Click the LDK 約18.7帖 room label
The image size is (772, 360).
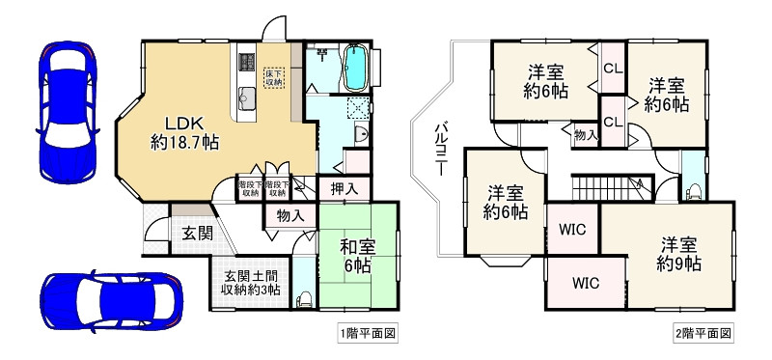(184, 132)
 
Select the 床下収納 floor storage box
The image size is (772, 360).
(275, 75)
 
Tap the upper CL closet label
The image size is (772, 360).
(613, 69)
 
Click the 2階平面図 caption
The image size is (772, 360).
(702, 333)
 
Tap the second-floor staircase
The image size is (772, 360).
(598, 185)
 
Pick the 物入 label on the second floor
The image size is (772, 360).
(585, 135)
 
